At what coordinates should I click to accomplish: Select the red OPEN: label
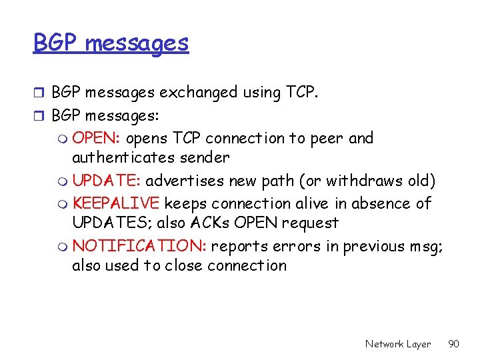96,139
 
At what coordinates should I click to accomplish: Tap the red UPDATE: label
107,181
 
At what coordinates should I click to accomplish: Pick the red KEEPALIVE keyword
116,203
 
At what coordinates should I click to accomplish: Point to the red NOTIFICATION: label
139,246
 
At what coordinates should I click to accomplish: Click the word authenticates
119,158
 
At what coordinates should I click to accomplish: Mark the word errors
297,246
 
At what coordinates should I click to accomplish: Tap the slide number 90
453,344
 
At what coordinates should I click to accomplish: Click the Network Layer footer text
397,344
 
